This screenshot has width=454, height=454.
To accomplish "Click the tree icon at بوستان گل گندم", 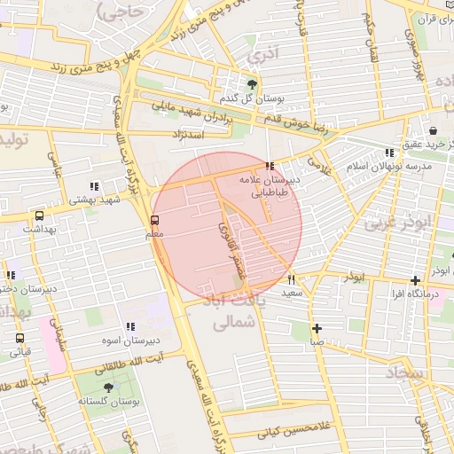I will (x=254, y=84).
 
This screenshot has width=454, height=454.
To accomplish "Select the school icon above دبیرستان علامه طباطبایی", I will (x=270, y=166).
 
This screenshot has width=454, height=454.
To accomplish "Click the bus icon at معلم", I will (x=155, y=220).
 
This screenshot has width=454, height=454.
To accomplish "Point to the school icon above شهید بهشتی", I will (x=93, y=186).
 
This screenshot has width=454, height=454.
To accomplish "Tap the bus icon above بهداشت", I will (x=38, y=215).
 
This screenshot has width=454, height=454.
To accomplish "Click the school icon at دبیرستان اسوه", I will (x=130, y=326).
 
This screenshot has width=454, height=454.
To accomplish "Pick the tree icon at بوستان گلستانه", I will (x=109, y=387).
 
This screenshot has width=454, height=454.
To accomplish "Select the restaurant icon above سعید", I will (x=291, y=279).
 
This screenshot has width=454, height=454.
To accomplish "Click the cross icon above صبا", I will (x=317, y=328).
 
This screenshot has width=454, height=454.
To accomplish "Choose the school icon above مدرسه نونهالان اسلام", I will (x=390, y=153).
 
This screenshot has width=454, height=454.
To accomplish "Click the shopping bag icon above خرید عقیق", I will (x=433, y=129).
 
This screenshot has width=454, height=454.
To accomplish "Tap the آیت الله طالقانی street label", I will (x=135, y=358).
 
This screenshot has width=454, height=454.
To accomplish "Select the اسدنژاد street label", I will (x=185, y=134).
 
